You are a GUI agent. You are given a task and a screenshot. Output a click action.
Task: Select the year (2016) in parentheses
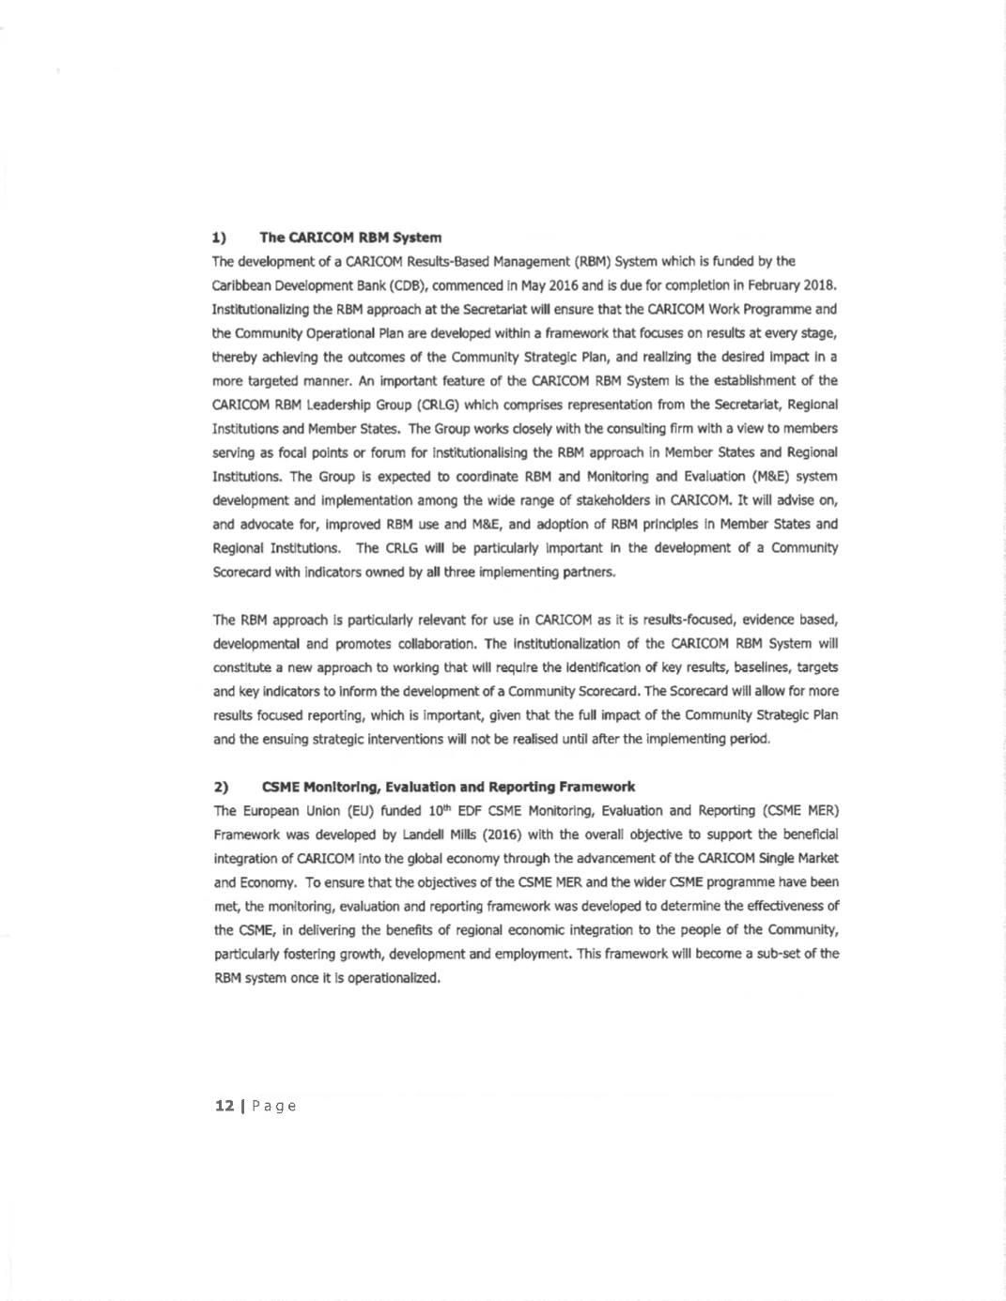(502, 834)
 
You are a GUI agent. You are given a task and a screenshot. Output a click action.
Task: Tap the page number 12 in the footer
(224, 1106)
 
